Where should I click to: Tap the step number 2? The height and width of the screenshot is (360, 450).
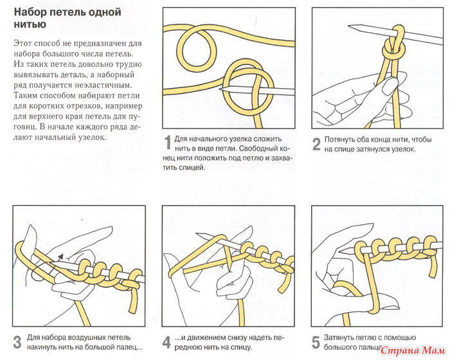pos(317,144)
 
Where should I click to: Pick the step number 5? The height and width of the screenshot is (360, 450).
pos(316,341)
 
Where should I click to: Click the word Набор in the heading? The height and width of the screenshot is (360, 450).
pos(32,11)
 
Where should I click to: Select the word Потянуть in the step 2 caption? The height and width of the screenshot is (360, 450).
pos(345,139)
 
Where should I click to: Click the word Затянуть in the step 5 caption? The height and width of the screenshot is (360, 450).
pos(345,336)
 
